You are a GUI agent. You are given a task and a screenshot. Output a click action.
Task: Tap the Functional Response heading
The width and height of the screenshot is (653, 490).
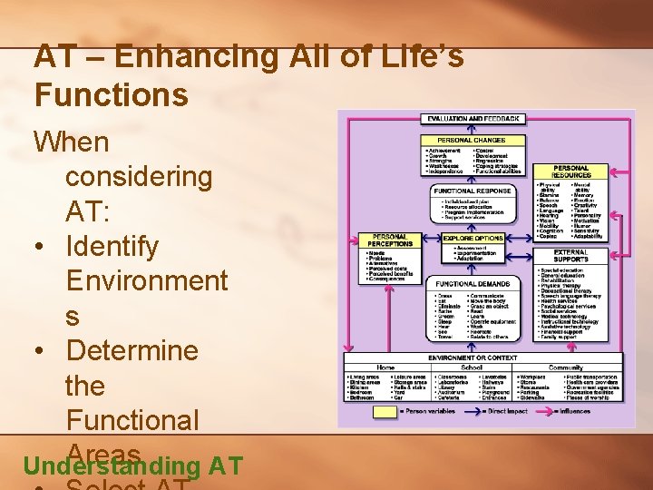473,191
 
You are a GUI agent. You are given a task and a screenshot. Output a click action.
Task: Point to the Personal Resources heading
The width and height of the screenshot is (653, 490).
570,171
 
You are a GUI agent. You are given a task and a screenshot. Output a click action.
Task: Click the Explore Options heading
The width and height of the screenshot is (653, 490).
472,238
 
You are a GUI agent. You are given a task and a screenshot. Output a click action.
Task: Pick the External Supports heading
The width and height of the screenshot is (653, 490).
570,256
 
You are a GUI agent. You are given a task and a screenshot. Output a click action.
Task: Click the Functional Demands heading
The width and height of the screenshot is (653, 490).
472,284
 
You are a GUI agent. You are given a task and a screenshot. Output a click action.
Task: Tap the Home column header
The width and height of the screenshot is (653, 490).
385,368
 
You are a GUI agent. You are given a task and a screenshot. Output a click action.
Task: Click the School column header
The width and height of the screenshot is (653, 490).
472,368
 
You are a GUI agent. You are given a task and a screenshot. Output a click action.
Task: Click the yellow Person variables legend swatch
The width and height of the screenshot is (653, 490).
385,411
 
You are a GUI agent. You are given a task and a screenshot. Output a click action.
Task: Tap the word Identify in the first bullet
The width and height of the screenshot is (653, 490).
112,246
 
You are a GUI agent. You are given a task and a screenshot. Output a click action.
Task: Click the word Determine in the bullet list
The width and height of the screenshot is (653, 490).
132,350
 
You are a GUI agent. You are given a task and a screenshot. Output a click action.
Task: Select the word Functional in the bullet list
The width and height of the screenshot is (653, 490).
132,420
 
